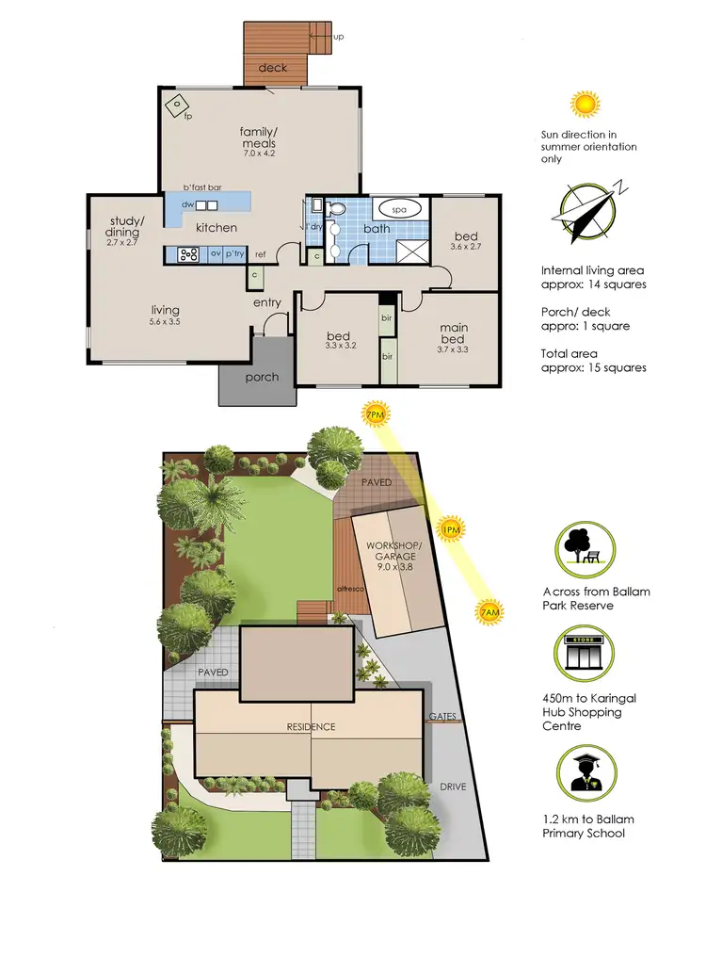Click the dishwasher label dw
point(187,204)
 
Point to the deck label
point(273,68)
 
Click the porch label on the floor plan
point(262,377)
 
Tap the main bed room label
point(454,334)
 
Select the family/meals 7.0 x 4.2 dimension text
point(258,153)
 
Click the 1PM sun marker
point(451,527)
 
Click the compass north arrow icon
point(589,211)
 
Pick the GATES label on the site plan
point(442,717)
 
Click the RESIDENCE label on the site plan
point(311,726)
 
